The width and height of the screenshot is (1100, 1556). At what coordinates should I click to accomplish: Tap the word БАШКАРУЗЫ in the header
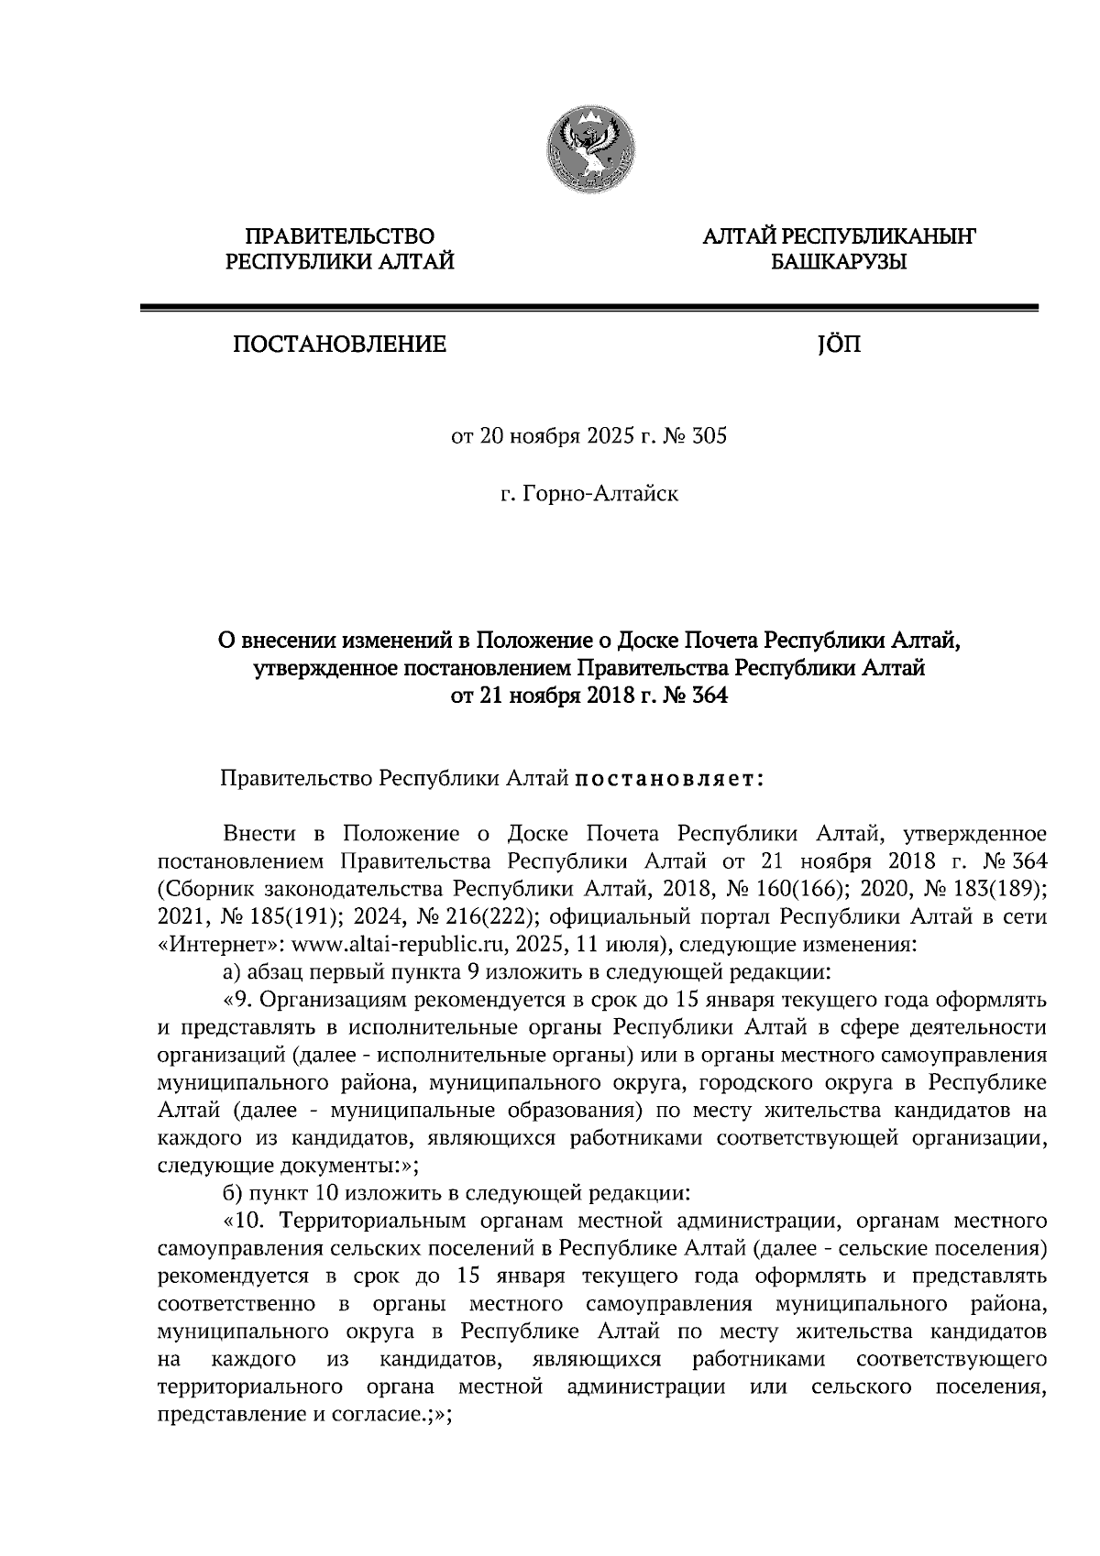[x=838, y=264]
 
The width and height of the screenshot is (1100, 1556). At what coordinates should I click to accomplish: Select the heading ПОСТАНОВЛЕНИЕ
[x=338, y=345]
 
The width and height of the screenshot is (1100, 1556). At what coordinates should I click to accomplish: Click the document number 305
[x=709, y=436]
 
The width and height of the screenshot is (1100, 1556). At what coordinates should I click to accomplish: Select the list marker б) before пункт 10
[x=233, y=1193]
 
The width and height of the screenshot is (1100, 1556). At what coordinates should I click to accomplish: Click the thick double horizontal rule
[x=588, y=308]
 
